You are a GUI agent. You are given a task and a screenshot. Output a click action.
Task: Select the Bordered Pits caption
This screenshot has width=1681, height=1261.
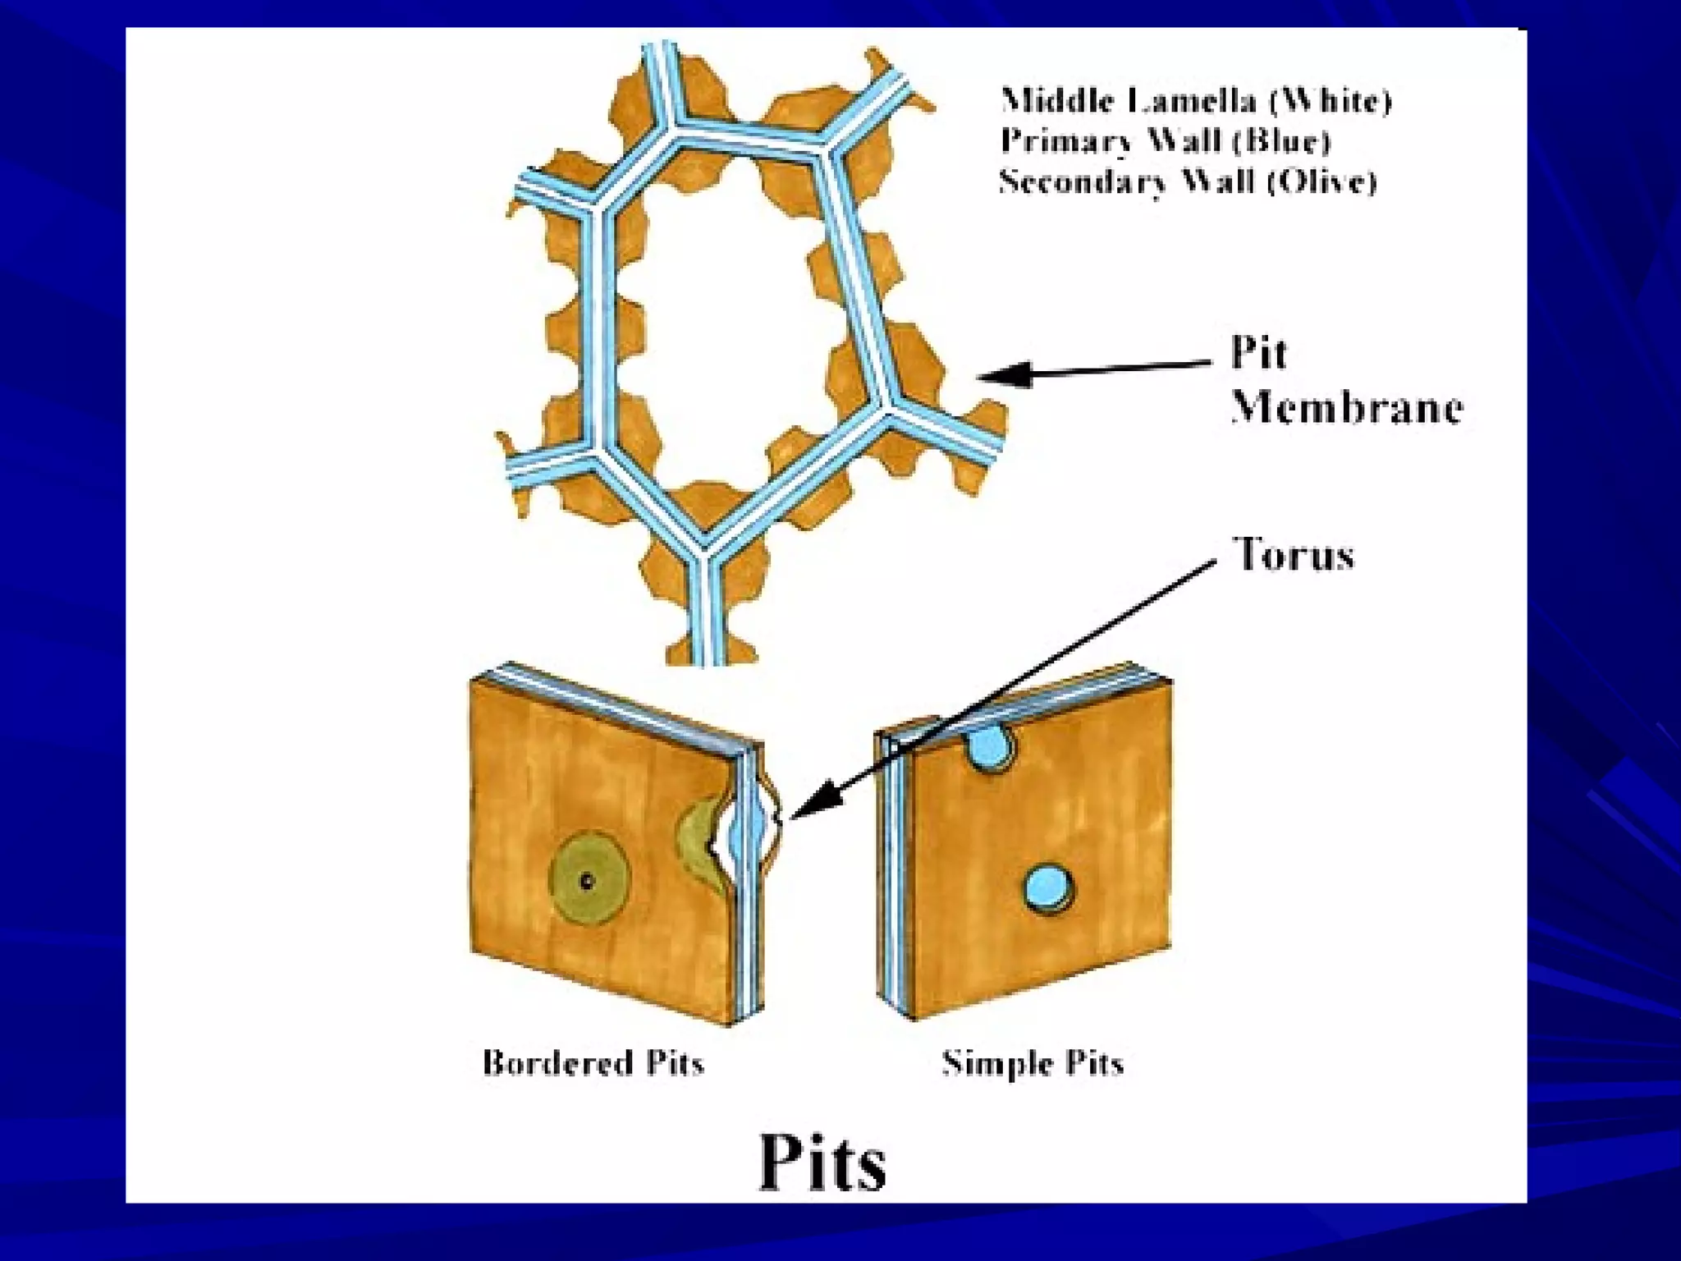point(593,1062)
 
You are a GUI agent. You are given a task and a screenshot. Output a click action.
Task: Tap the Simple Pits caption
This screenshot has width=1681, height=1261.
point(1032,1062)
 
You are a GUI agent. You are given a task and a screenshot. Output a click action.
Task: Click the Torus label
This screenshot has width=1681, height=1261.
point(1294,554)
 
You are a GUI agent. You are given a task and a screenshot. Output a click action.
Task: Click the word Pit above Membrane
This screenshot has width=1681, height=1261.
point(1258,354)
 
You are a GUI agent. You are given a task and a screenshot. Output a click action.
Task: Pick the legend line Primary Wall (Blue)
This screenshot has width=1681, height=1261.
point(1166,141)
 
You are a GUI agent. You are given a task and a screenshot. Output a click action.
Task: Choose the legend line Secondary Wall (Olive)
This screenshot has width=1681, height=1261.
point(1188,181)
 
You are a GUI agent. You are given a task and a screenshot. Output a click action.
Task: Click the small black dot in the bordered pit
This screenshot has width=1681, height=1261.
point(586,882)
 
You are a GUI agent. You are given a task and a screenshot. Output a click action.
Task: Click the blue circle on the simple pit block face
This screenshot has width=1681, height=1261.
point(1048,887)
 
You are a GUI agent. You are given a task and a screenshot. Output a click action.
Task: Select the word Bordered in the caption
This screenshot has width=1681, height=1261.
point(557,1062)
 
